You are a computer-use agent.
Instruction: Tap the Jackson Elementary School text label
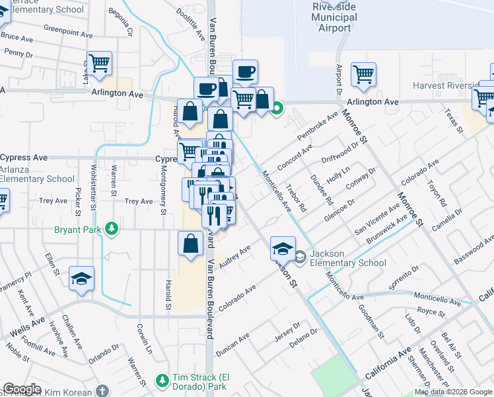349,258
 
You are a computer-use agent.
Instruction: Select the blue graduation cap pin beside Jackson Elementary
283,249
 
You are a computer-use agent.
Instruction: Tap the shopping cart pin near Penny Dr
99,64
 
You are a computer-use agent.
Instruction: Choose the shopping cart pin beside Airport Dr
363,75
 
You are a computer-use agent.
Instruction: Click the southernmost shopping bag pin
190,243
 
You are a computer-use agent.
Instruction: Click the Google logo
22,388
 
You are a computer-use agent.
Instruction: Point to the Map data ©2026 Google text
452,392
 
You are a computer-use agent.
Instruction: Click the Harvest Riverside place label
445,86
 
